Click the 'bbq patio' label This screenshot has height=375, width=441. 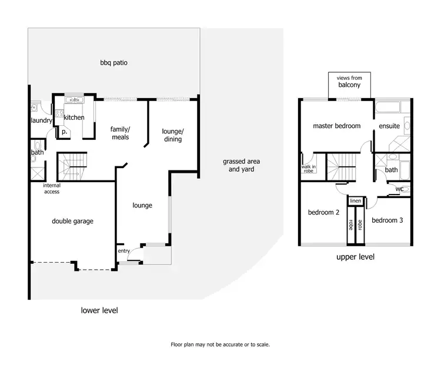tap(113, 62)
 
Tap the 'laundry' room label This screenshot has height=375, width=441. tap(41, 120)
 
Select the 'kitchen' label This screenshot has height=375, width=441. tap(74, 118)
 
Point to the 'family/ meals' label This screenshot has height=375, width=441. tap(121, 133)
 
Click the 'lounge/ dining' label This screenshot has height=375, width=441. tap(173, 135)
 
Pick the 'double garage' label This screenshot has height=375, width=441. tap(73, 222)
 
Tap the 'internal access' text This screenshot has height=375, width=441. tap(51, 189)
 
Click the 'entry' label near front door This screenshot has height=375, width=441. tap(123, 251)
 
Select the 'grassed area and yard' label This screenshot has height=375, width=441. tap(241, 165)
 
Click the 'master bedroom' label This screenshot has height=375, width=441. tap(336, 126)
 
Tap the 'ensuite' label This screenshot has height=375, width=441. tap(389, 126)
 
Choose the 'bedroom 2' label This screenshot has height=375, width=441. tap(323, 213)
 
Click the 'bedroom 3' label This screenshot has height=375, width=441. tap(387, 220)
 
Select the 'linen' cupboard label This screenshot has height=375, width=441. tap(355, 202)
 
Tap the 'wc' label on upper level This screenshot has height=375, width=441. tap(399, 189)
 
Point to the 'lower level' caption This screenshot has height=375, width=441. tap(99, 310)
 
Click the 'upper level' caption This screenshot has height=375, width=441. tap(355, 257)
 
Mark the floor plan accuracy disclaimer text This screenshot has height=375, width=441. tap(220, 345)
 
